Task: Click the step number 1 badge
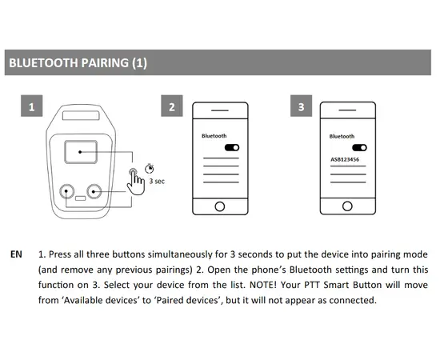point(32,106)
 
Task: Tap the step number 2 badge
point(172,106)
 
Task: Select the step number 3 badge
point(301,106)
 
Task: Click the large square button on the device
point(81,152)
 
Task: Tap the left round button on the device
point(67,191)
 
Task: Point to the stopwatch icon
point(150,168)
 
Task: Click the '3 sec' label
point(157,182)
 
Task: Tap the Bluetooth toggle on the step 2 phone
point(232,147)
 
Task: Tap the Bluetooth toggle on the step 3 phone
point(359,147)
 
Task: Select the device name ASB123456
point(345,159)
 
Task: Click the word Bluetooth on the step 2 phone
point(214,136)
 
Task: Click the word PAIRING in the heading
point(105,63)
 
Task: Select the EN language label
point(16,254)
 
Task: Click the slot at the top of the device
point(81,115)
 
